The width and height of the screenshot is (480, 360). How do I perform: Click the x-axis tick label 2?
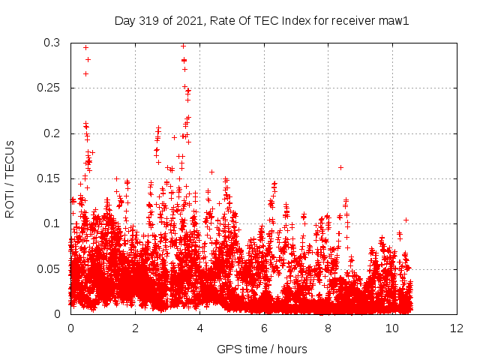(x=135, y=328)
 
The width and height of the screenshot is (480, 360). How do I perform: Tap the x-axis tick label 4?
(x=199, y=328)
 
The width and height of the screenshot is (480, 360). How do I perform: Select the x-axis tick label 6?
(x=264, y=328)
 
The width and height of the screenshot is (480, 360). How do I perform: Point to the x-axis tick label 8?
(x=328, y=328)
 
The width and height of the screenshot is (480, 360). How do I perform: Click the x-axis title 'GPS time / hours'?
(x=262, y=349)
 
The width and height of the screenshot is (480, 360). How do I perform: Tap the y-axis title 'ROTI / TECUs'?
(x=10, y=178)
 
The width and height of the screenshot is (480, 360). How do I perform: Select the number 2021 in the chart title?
(x=190, y=21)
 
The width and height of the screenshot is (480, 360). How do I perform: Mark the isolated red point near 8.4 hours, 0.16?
(x=341, y=167)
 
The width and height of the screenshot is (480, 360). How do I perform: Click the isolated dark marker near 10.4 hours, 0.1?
(x=406, y=220)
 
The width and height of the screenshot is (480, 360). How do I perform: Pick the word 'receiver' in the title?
(x=350, y=21)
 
